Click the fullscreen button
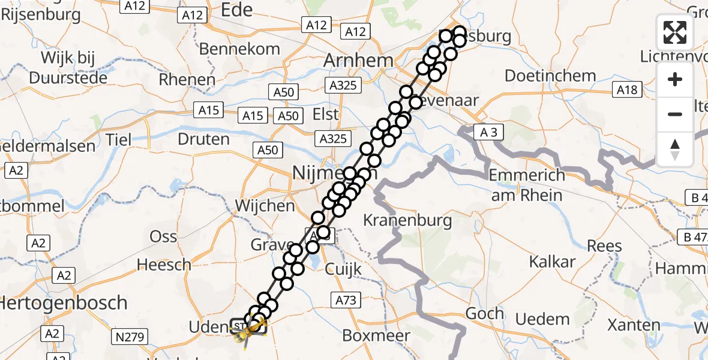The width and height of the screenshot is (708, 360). [x=675, y=32]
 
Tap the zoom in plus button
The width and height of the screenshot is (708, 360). [x=675, y=79]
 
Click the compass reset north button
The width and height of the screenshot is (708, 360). [x=675, y=149]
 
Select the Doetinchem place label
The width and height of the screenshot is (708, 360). [x=550, y=76]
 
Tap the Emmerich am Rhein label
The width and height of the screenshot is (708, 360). [x=527, y=185]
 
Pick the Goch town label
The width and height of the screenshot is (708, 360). [x=484, y=313]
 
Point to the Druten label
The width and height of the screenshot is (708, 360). [x=204, y=139]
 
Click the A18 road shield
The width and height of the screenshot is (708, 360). [x=628, y=90]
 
